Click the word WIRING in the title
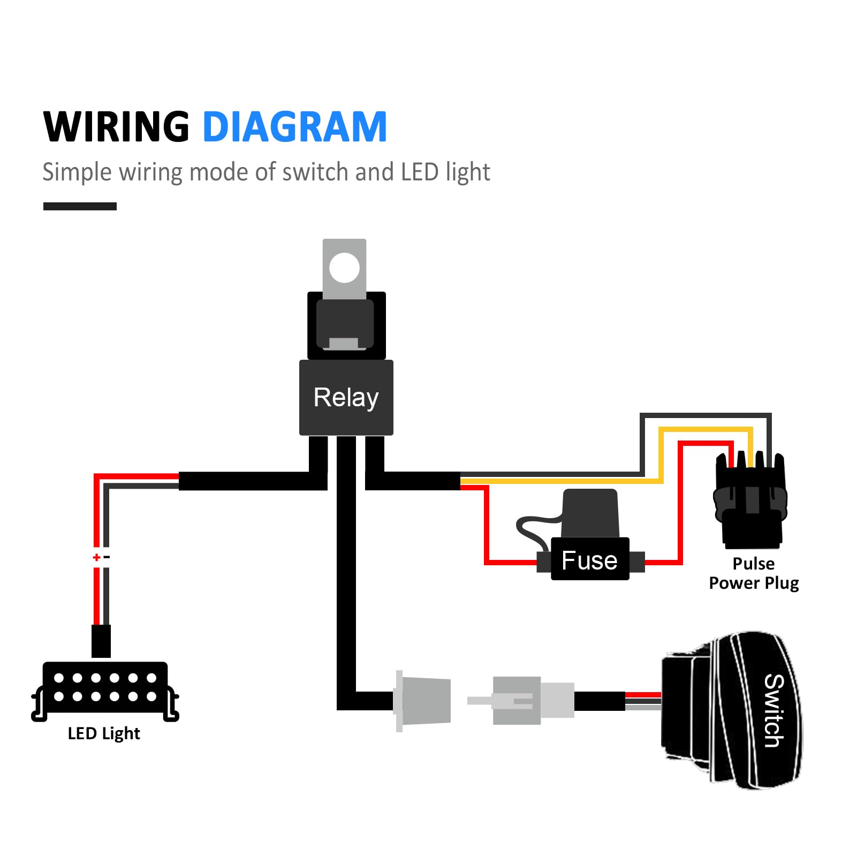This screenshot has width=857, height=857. pos(116,127)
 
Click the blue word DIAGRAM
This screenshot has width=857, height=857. pos(294,127)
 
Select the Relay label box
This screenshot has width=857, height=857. pos(346,398)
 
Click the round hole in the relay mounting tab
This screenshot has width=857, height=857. pos(344,268)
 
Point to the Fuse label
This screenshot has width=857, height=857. pos(589,560)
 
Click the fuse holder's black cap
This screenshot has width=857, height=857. pos(590,513)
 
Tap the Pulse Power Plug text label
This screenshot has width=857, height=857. pos(753,573)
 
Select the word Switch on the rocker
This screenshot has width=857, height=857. pos(773,710)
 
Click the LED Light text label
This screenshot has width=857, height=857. pos(104,733)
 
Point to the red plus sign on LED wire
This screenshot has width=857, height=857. pos(96,557)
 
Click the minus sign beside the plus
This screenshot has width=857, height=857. pos(107,557)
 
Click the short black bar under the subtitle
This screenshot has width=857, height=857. pos(80,206)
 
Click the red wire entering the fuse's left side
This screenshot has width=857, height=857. pos(511,562)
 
